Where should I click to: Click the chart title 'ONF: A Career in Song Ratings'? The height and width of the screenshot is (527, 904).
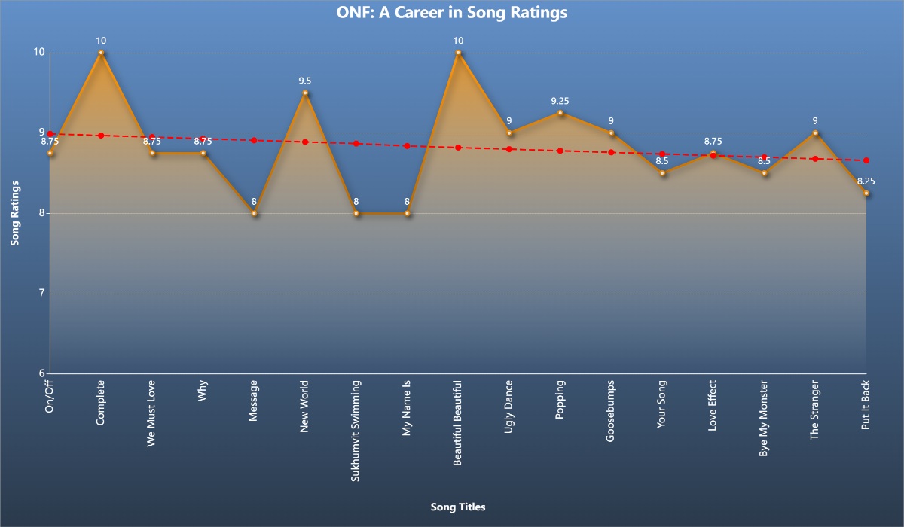(451, 13)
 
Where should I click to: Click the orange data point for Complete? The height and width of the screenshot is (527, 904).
(101, 53)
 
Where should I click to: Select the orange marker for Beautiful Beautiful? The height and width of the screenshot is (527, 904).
(458, 53)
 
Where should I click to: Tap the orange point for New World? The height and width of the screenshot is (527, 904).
(305, 93)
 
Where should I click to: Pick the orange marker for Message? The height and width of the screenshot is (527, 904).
(255, 213)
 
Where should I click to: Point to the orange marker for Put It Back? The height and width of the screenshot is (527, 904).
(866, 193)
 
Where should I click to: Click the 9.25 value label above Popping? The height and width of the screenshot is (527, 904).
(560, 101)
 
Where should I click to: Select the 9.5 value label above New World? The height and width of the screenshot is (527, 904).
(305, 81)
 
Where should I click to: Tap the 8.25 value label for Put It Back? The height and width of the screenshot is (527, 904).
(866, 181)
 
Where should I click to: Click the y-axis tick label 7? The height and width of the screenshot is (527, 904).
(42, 294)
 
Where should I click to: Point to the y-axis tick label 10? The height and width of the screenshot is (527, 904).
(39, 53)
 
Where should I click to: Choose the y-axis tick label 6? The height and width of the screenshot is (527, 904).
(42, 373)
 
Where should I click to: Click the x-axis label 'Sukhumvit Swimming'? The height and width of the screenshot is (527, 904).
(356, 423)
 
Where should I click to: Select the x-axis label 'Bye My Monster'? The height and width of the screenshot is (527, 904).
(764, 418)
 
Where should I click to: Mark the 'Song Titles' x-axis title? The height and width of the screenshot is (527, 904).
(458, 507)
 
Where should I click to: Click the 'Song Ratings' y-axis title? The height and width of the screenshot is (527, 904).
(14, 213)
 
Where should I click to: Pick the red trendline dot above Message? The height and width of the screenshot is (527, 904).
(255, 140)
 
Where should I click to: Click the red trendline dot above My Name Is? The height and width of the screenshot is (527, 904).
(407, 146)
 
